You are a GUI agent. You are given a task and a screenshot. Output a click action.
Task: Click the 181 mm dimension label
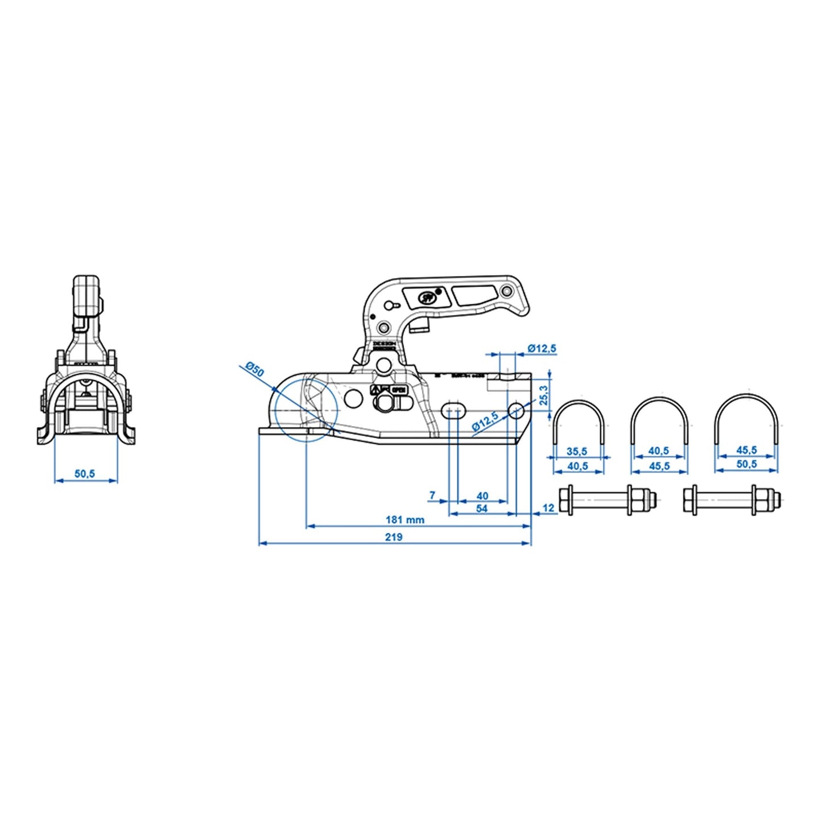(x=404, y=519)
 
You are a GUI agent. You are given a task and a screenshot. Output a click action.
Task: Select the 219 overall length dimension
(x=394, y=537)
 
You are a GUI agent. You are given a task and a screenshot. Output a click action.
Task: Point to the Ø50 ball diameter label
(x=255, y=370)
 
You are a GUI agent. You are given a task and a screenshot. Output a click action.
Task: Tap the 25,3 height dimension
(x=544, y=395)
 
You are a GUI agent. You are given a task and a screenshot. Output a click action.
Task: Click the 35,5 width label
(x=577, y=452)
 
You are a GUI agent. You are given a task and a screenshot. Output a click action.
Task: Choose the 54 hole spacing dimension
(x=482, y=508)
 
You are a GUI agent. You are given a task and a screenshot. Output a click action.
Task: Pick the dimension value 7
(x=432, y=495)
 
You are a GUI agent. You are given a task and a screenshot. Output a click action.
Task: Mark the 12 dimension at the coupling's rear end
(x=548, y=508)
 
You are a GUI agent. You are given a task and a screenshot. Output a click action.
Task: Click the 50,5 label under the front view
(x=85, y=473)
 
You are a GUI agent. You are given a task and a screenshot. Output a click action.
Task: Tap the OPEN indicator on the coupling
(x=398, y=390)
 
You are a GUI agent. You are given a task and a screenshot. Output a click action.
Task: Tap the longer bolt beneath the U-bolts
(x=608, y=500)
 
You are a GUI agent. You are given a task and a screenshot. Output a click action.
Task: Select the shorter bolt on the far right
(x=732, y=500)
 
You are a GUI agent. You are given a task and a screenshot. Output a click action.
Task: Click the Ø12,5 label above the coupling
(x=542, y=348)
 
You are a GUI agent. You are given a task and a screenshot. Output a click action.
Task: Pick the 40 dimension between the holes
(x=482, y=496)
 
